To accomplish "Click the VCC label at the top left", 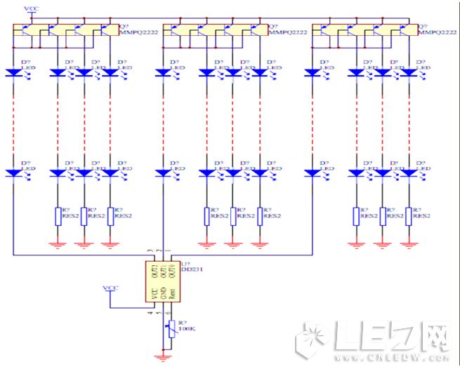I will click(32, 8).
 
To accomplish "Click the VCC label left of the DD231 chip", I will click(111, 288).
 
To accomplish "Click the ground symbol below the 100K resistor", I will click(164, 357).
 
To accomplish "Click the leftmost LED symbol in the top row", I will click(14, 72).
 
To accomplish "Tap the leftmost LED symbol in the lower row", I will click(14, 173).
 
